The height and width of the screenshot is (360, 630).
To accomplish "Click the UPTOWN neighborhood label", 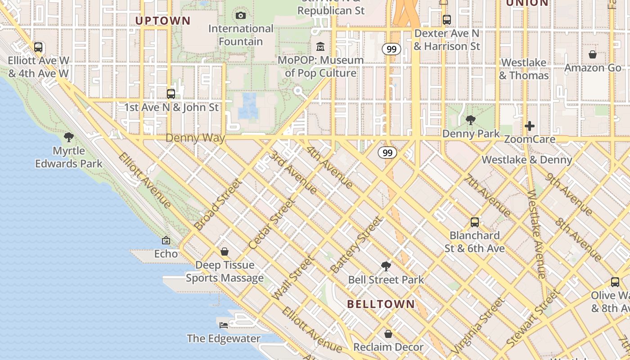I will [x=163, y=21].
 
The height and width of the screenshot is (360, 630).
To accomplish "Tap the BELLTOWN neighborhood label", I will [x=381, y=304].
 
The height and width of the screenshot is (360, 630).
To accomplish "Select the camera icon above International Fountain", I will [x=241, y=16].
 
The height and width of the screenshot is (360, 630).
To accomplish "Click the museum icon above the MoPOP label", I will [x=320, y=47].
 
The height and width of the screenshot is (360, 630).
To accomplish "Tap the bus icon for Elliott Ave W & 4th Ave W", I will [x=38, y=47].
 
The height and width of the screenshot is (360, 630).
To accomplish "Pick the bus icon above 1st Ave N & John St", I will [x=171, y=94].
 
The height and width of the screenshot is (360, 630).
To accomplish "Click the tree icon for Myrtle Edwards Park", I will [x=69, y=137].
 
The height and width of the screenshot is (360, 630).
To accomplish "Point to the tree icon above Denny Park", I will [x=471, y=120].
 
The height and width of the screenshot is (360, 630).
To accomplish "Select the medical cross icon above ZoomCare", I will [x=530, y=126].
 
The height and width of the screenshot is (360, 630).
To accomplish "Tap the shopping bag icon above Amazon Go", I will [x=593, y=54].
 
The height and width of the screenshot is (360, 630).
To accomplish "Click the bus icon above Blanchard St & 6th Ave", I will [x=475, y=222].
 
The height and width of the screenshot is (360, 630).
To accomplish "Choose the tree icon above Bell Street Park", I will [x=386, y=266].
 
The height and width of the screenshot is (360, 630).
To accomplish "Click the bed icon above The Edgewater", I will [x=224, y=325].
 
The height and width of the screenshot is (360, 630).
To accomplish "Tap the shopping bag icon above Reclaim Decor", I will [x=388, y=334].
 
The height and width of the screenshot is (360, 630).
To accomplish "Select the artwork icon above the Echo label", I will [x=166, y=241].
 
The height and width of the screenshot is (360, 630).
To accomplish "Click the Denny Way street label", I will [x=195, y=138].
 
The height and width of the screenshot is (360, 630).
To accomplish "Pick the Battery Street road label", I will [x=356, y=245].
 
